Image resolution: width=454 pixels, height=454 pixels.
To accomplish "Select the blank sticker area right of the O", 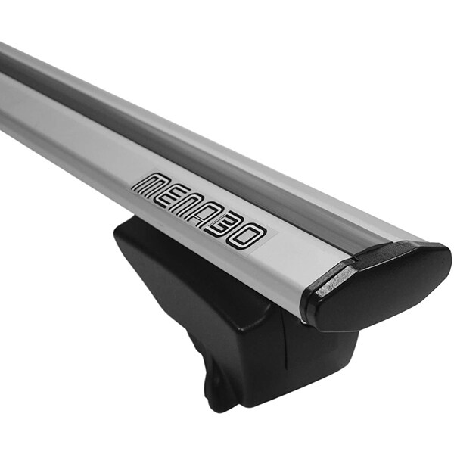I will pos(265,241).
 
